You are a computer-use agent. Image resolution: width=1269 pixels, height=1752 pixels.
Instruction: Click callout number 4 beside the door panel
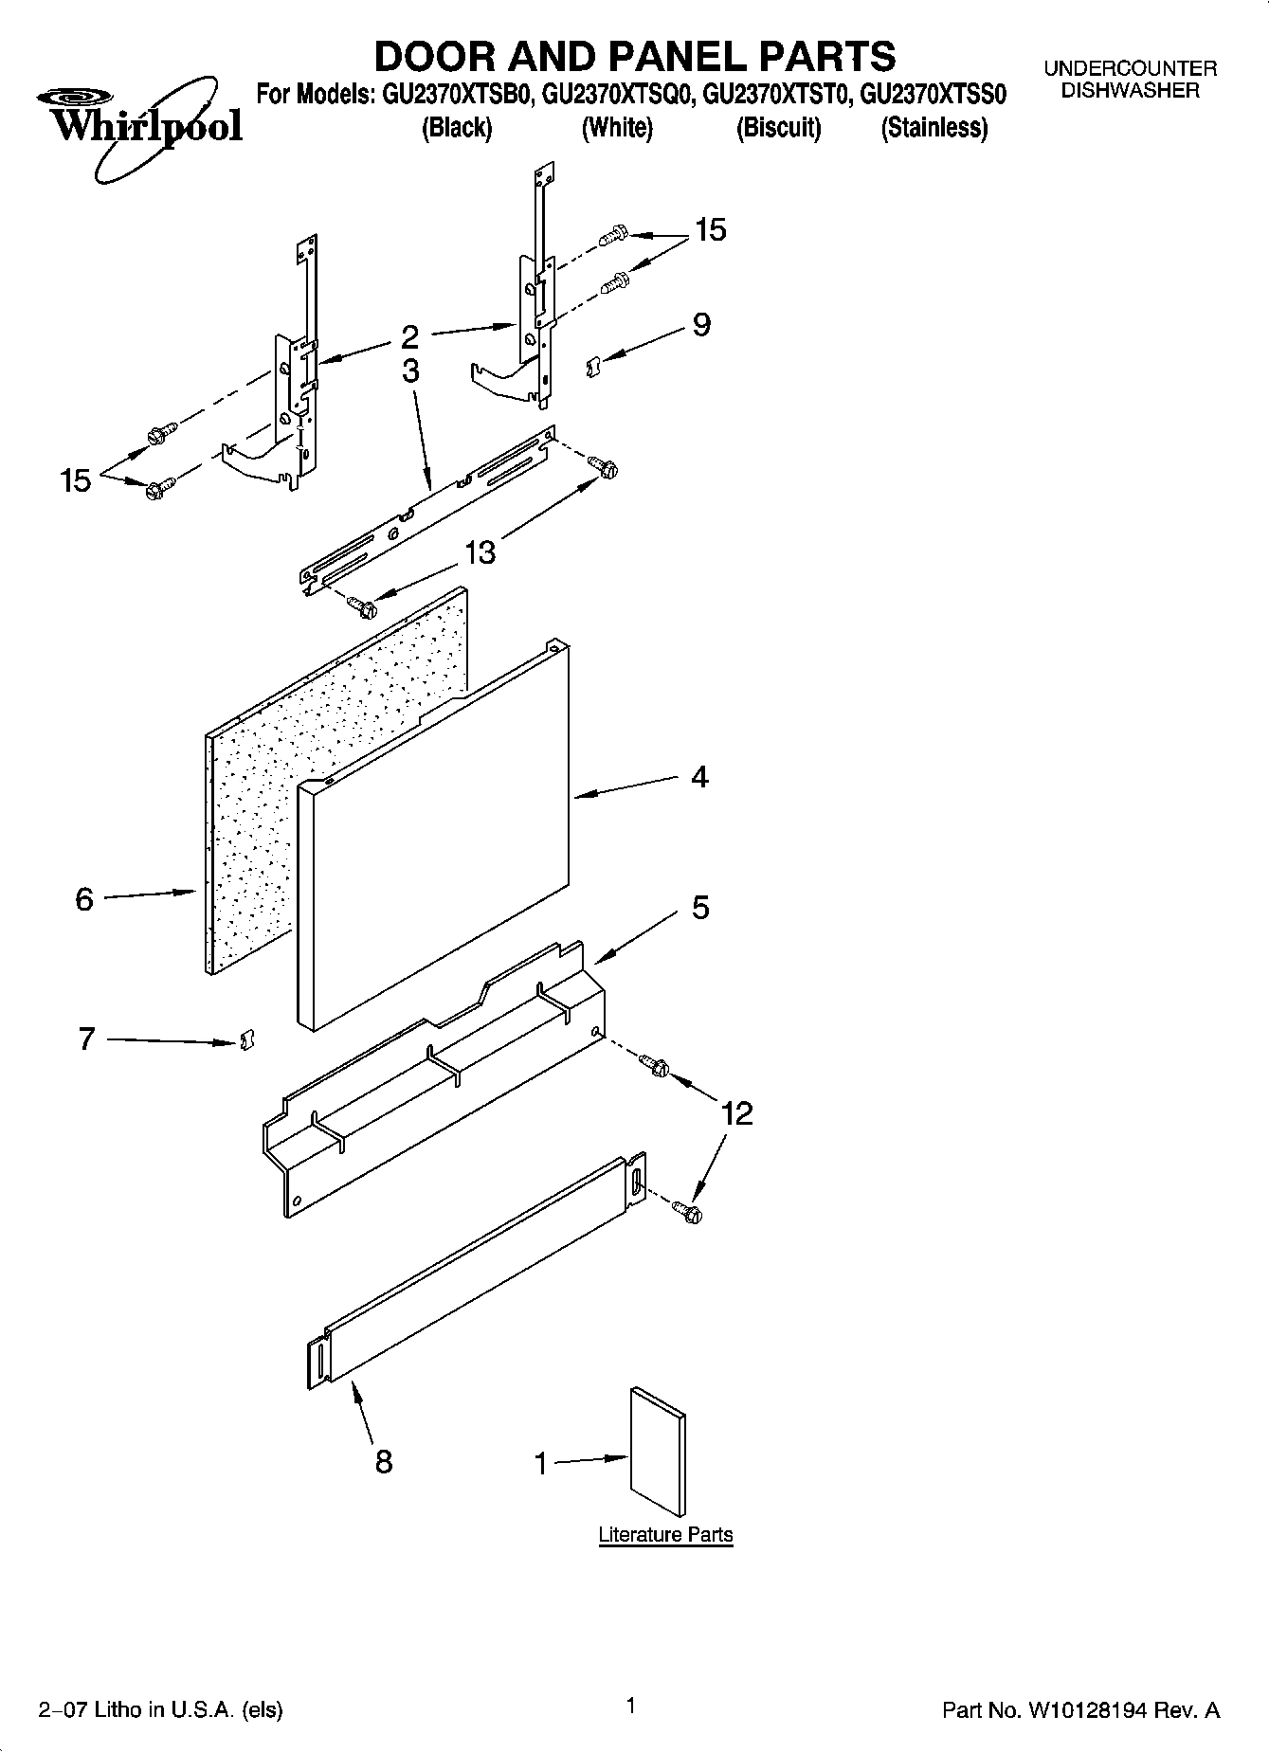pyautogui.click(x=699, y=778)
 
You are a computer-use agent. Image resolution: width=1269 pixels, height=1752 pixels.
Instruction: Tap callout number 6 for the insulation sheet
pyautogui.click(x=84, y=898)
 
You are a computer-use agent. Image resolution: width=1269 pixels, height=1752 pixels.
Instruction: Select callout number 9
pyautogui.click(x=701, y=325)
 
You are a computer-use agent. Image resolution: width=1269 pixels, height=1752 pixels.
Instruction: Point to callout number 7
pyautogui.click(x=86, y=1039)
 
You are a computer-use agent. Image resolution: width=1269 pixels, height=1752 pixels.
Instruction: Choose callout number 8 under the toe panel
pyautogui.click(x=383, y=1461)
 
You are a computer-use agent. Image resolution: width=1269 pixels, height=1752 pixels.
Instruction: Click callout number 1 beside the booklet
pyautogui.click(x=541, y=1464)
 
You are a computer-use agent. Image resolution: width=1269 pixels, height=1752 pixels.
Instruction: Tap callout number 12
pyautogui.click(x=736, y=1113)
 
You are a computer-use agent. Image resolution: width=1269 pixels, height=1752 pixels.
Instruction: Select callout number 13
pyautogui.click(x=480, y=552)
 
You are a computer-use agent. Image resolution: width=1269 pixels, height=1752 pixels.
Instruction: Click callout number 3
pyautogui.click(x=410, y=370)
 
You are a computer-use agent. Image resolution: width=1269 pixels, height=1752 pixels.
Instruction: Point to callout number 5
pyautogui.click(x=700, y=908)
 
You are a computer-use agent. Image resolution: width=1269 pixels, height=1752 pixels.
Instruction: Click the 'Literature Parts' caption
pyautogui.click(x=665, y=1534)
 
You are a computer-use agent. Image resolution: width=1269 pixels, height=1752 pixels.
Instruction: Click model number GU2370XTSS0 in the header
pyautogui.click(x=933, y=95)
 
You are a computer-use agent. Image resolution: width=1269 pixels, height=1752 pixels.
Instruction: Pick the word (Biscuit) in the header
pyautogui.click(x=778, y=128)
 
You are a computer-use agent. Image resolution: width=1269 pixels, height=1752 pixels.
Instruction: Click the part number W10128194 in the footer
pyautogui.click(x=1085, y=1710)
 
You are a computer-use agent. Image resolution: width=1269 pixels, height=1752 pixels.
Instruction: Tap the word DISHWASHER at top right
pyautogui.click(x=1130, y=91)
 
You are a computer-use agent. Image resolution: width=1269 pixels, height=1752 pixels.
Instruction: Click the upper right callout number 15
pyautogui.click(x=710, y=230)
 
